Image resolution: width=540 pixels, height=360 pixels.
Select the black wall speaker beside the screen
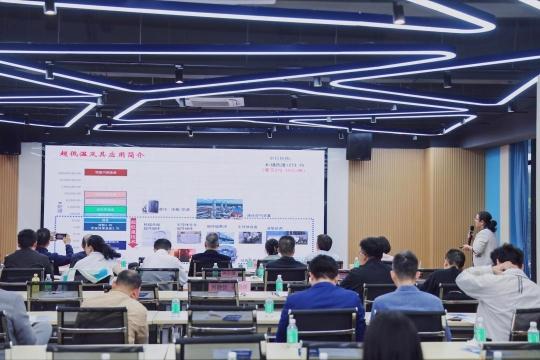[x=358, y=146]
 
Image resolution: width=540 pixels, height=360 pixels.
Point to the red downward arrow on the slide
[x=132, y=231]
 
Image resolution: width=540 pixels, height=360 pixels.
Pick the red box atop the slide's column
[x=105, y=172]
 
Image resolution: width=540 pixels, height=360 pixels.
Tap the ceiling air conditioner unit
[x=212, y=101]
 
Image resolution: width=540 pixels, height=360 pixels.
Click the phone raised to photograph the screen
[x=60, y=237]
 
